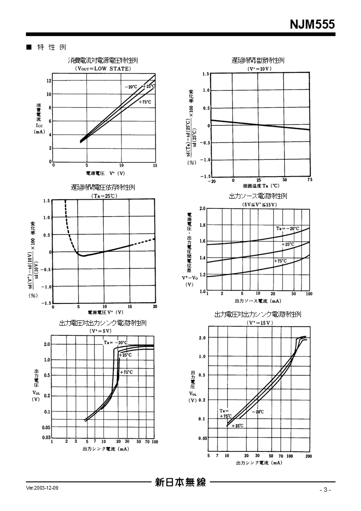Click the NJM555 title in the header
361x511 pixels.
312,24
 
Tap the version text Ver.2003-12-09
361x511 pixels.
42,487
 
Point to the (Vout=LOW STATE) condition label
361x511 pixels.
103,69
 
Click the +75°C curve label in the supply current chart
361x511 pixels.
145,102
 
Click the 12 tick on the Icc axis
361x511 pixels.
49,81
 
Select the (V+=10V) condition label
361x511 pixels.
259,69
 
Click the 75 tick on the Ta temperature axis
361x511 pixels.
310,181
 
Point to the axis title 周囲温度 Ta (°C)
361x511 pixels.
261,186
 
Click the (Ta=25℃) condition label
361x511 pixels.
104,196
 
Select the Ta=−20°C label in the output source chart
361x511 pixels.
287,228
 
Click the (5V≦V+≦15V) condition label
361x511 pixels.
259,204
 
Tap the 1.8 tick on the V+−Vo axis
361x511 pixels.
203,225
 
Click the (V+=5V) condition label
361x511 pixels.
102,331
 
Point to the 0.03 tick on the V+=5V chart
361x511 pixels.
46,438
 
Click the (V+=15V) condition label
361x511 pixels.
260,323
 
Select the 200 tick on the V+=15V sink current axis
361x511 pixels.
309,456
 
